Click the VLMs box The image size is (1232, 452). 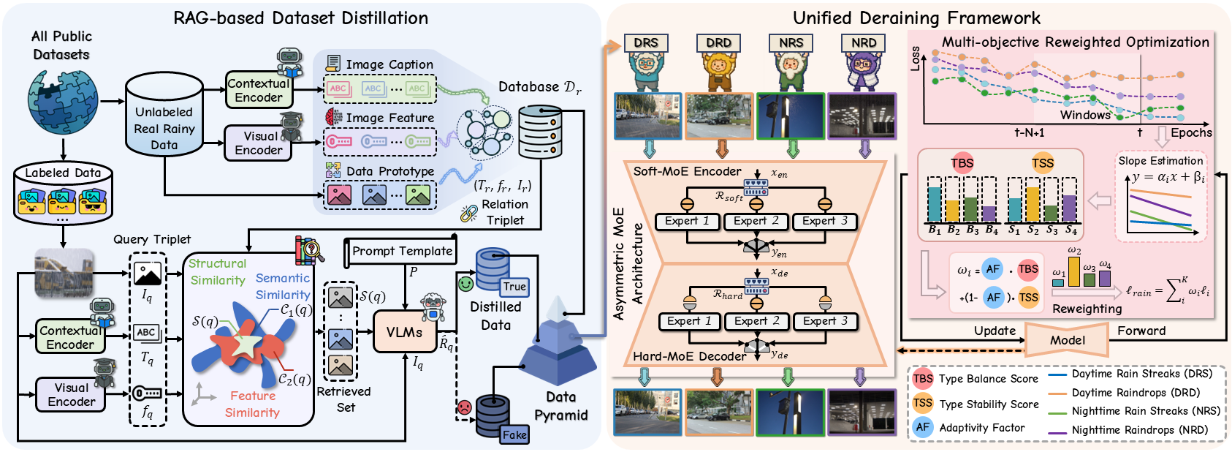tap(404, 332)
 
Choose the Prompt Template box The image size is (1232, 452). tap(402, 251)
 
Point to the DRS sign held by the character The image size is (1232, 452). tap(645, 43)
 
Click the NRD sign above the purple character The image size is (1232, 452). tap(864, 43)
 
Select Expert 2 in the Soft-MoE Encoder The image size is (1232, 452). tap(756, 221)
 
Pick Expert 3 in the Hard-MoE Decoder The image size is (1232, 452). tap(825, 321)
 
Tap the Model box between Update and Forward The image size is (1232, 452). tap(1067, 340)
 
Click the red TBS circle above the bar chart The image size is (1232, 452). tap(962, 163)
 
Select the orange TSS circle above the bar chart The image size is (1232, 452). tap(1043, 163)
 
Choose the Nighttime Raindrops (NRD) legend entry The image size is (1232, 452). tap(1139, 430)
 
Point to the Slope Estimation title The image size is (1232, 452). tap(1160, 161)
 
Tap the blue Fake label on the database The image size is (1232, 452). tap(514, 434)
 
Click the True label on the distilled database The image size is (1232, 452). tap(514, 287)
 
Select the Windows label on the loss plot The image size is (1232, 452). tap(1085, 115)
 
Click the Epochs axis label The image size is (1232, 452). tap(1191, 132)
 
